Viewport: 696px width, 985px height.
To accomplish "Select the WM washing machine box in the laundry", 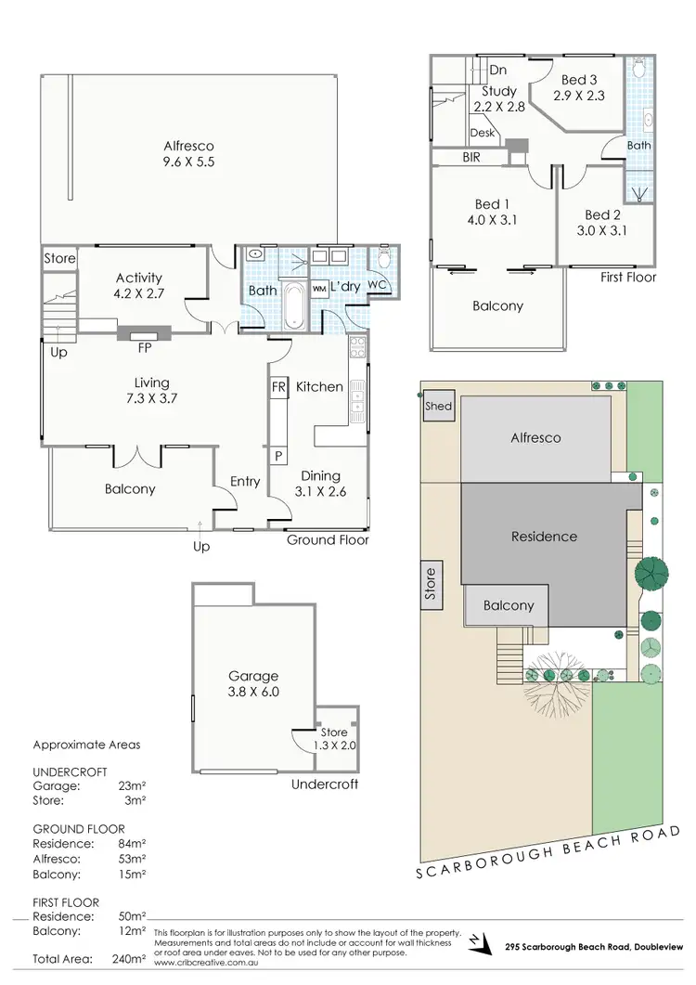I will point(319,289).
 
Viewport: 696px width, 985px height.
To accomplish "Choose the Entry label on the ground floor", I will point(245,481).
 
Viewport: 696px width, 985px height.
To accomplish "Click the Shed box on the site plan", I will point(438,407).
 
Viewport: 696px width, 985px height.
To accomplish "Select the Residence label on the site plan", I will point(544,537).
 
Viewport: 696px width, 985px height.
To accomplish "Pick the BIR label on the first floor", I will point(471,159).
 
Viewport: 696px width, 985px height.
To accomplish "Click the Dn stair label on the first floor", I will point(498,70).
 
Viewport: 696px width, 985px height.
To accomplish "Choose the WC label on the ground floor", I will point(377,284).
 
